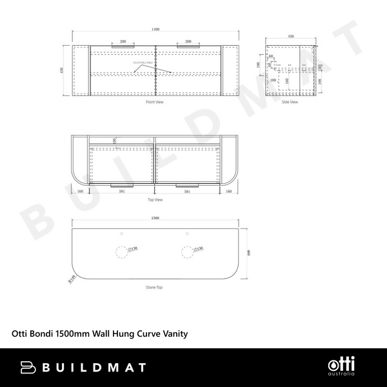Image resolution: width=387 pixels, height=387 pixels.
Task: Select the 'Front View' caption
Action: click(155, 102)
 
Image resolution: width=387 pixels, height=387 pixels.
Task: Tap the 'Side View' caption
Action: click(290, 102)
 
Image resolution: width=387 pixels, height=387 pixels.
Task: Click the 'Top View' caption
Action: click(155, 200)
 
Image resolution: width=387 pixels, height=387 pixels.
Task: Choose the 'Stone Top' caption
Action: click(155, 288)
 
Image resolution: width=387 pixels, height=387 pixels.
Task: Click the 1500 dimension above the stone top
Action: click(155, 218)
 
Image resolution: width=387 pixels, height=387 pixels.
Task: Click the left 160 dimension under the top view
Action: click(80, 191)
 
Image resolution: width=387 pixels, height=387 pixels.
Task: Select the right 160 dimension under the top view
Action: click(230, 191)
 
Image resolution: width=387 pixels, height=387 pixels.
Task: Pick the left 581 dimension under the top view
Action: click(121, 191)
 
